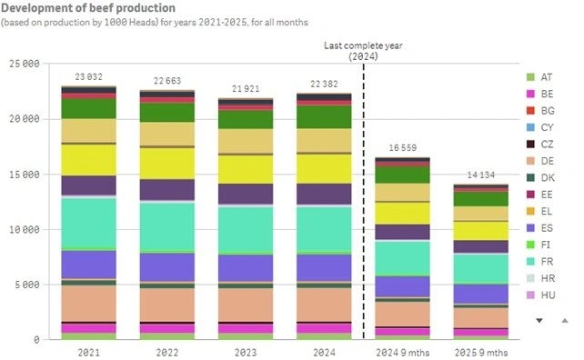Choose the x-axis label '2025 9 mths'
(x=481, y=352)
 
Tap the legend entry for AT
(x=549, y=77)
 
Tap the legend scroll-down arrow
(x=539, y=320)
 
